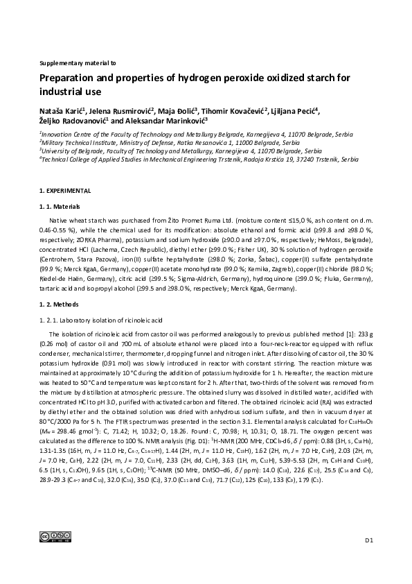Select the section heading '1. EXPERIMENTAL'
coord(65,190)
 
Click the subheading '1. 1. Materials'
coord(60,207)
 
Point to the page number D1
coord(369,558)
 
